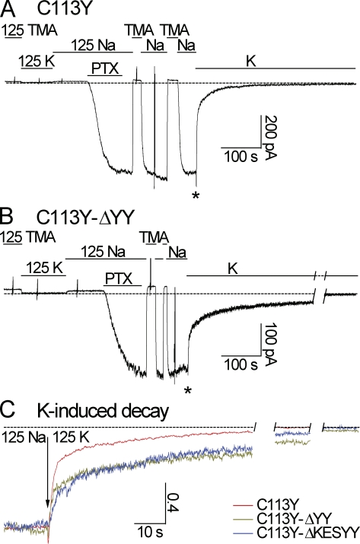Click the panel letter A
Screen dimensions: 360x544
point(8,8)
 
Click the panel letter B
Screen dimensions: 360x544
point(7,217)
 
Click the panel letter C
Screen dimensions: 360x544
point(8,411)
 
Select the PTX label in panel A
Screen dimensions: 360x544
point(105,68)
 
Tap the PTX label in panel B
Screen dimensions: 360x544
point(119,278)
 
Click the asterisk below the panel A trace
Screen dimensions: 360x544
point(196,196)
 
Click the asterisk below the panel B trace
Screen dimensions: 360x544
point(188,391)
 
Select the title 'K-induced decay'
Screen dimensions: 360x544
point(103,411)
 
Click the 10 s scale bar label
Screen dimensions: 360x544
point(150,531)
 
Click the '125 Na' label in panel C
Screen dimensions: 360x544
point(24,437)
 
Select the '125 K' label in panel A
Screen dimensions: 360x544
point(37,62)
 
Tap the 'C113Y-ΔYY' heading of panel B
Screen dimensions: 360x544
point(85,218)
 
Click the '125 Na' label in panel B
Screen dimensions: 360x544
point(103,251)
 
